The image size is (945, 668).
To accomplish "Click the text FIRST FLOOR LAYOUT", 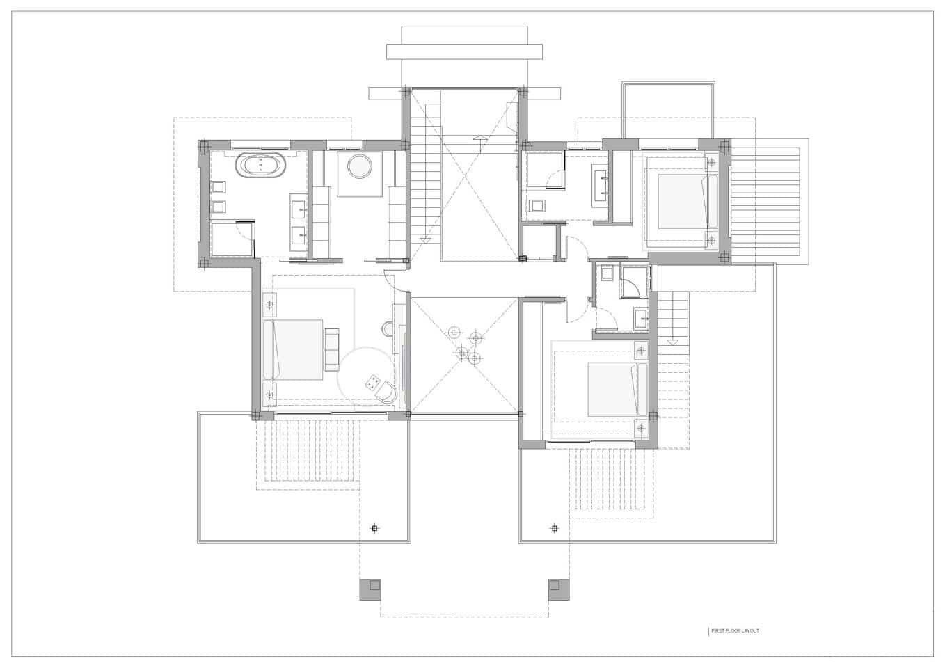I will [735, 631].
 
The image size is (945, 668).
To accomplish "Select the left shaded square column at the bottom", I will [370, 589].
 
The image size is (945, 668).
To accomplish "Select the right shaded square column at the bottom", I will [559, 589].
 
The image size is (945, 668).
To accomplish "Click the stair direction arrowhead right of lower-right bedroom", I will [672, 342].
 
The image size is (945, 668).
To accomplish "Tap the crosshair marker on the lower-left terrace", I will [374, 529].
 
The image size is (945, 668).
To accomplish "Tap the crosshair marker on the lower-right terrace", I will [554, 529].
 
